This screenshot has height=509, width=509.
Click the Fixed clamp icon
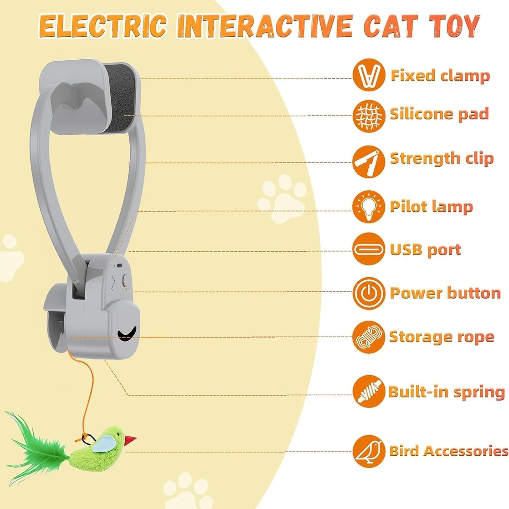(369, 75)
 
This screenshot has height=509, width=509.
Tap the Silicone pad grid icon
(369, 116)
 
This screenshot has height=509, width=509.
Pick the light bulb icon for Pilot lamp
(369, 207)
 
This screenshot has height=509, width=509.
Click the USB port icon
(369, 250)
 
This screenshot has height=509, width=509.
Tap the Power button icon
(369, 293)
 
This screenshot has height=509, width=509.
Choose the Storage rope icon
(369, 337)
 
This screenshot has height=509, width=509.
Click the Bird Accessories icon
(369, 451)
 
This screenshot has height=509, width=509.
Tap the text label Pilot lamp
(431, 207)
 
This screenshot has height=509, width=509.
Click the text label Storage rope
(441, 337)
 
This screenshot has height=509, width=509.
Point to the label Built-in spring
(446, 392)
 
